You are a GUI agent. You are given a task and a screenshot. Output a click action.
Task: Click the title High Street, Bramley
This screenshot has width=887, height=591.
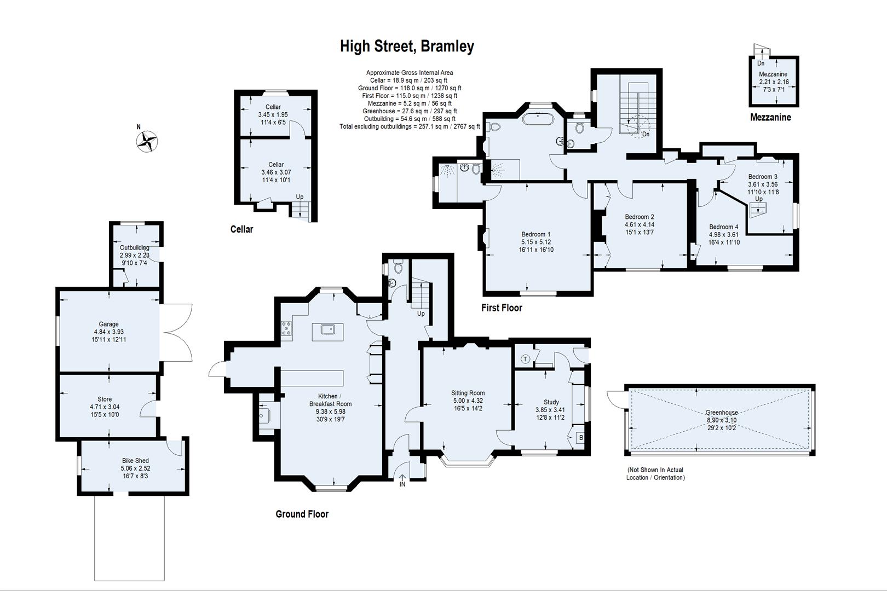point(407,47)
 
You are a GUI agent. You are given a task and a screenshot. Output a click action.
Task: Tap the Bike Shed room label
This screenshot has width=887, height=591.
point(135,461)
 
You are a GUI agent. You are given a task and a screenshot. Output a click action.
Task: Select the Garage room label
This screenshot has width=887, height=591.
point(109,324)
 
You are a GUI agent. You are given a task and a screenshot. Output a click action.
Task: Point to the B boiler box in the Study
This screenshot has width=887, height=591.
point(581,438)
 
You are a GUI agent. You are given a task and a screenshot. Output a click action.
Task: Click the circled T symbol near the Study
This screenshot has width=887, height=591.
point(526,359)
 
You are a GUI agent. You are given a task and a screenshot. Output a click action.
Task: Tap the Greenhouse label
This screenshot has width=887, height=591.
point(721,413)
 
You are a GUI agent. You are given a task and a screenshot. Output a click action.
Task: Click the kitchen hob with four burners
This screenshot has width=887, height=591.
point(286,328)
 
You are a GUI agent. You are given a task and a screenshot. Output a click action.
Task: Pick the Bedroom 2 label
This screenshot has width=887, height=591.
point(640,217)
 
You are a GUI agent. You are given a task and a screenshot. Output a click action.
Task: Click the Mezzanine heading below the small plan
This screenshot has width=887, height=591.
point(770,117)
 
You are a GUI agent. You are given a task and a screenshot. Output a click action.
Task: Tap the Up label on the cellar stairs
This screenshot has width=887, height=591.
point(299,197)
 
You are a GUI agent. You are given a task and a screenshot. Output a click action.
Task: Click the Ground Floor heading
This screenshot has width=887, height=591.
point(302,514)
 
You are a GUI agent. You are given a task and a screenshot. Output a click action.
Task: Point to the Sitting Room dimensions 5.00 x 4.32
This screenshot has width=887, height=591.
point(468,401)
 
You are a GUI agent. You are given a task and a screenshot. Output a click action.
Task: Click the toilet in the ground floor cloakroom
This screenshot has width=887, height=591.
point(398,268)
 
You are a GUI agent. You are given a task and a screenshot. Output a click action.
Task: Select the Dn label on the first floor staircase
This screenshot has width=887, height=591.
point(646,134)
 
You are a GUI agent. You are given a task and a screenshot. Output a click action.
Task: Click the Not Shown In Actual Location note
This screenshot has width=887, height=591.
point(655,473)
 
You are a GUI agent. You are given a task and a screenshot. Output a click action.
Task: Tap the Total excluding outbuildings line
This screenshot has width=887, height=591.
point(410,126)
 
